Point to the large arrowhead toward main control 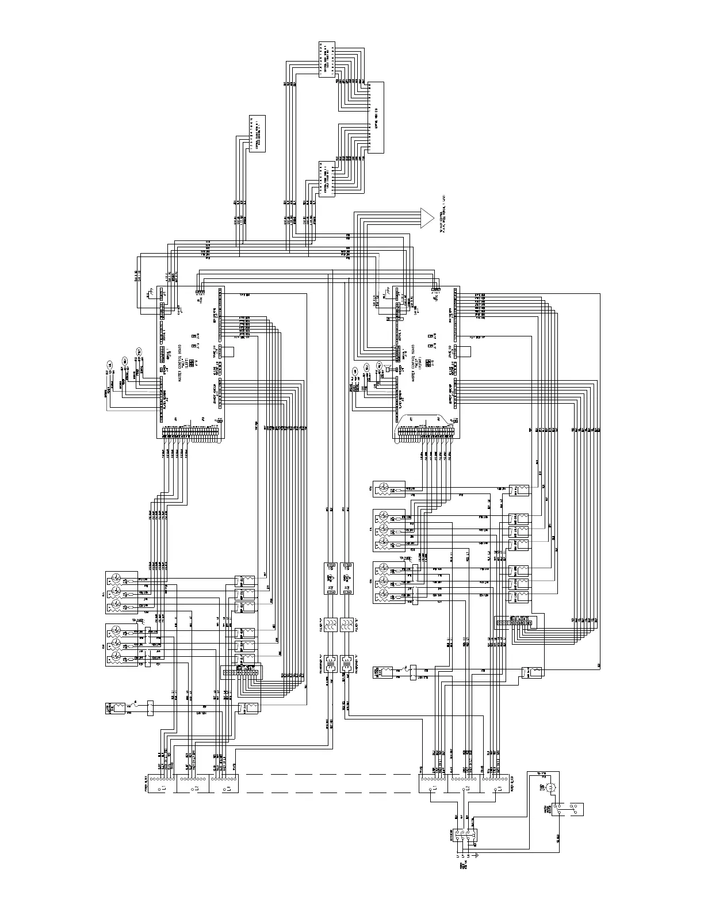(x=426, y=217)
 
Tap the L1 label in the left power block (x=163, y=786)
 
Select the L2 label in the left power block (x=196, y=786)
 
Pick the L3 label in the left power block (x=228, y=786)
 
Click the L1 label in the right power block (x=435, y=786)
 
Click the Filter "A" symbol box (x=331, y=626)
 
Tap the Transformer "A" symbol (x=331, y=664)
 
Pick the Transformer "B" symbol (x=346, y=664)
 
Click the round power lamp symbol (x=550, y=787)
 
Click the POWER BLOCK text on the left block (x=146, y=786)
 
